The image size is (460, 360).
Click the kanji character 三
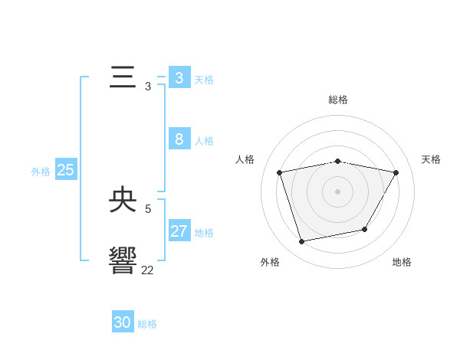(x=123, y=79)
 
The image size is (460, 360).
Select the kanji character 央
(x=123, y=201)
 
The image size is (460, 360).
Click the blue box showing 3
(x=179, y=78)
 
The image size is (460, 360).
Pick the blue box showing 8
(x=179, y=139)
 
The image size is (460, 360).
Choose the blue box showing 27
(x=179, y=231)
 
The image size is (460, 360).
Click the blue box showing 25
(x=65, y=170)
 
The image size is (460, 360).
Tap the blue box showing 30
(x=123, y=322)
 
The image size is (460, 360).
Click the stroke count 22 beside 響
(x=147, y=270)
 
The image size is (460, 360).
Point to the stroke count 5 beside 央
(x=148, y=208)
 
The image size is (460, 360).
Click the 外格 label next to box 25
(x=41, y=172)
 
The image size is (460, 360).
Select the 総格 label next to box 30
(x=147, y=324)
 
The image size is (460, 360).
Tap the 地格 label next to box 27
(x=204, y=233)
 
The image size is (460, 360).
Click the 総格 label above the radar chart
(x=338, y=100)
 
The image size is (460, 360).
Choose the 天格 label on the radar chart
(x=431, y=159)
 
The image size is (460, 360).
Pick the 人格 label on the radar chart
(x=245, y=159)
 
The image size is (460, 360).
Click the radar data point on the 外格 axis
(x=302, y=241)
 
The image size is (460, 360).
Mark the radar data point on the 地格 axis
(x=365, y=229)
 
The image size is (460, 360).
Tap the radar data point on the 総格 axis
(x=338, y=161)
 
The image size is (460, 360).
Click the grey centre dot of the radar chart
(x=338, y=191)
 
